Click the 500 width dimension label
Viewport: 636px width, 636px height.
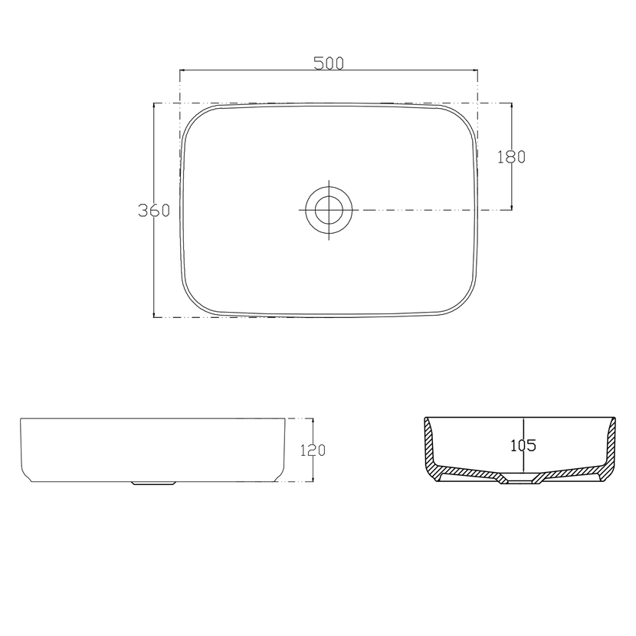pyautogui.click(x=329, y=64)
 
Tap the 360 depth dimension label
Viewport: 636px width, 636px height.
pyautogui.click(x=154, y=210)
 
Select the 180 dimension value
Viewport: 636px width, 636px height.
pyautogui.click(x=511, y=156)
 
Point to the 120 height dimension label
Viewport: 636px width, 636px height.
pyautogui.click(x=313, y=451)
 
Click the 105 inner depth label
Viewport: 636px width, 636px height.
pyautogui.click(x=523, y=445)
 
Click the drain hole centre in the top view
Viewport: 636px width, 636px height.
pyautogui.click(x=329, y=210)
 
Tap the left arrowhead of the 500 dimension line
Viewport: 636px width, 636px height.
pyautogui.click(x=182, y=70)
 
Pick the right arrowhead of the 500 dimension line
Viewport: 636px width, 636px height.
pyautogui.click(x=475, y=70)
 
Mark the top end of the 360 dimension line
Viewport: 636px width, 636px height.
pyautogui.click(x=154, y=103)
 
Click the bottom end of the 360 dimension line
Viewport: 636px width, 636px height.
pyautogui.click(x=154, y=316)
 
